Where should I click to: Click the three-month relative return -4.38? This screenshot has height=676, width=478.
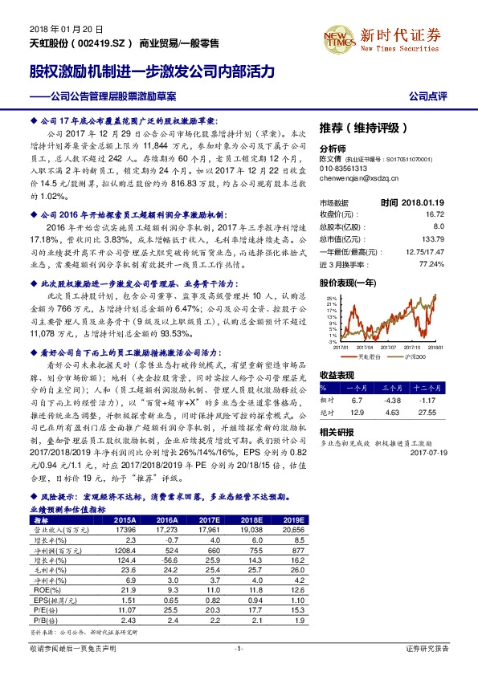point(392,400)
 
